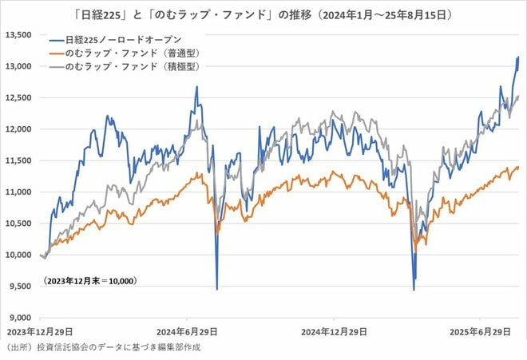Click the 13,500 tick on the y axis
[x=18, y=35]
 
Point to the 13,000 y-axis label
[x=18, y=66]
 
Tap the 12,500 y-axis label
[x=18, y=97]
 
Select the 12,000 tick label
[x=18, y=129]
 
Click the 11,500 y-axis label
[x=18, y=160]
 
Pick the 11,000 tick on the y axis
[x=18, y=192]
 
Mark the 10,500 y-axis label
[x=18, y=223]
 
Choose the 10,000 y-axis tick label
[x=18, y=255]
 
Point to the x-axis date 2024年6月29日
[x=185, y=330]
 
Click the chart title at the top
[x=263, y=14]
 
